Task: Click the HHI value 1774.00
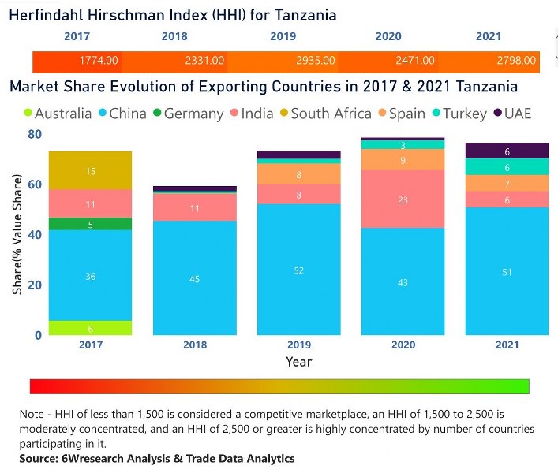pos(99,61)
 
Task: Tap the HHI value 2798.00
pos(517,61)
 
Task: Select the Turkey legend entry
pos(459,114)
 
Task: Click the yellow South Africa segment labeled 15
pos(90,171)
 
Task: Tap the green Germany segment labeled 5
pos(90,224)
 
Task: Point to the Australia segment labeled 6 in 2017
pos(90,328)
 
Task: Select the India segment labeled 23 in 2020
pos(403,199)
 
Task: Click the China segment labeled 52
pos(299,270)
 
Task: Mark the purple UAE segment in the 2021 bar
pos(507,151)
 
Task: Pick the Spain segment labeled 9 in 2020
pos(403,160)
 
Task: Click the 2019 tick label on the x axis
pos(299,345)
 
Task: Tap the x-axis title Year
pos(299,362)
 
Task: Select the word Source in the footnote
pos(39,458)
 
